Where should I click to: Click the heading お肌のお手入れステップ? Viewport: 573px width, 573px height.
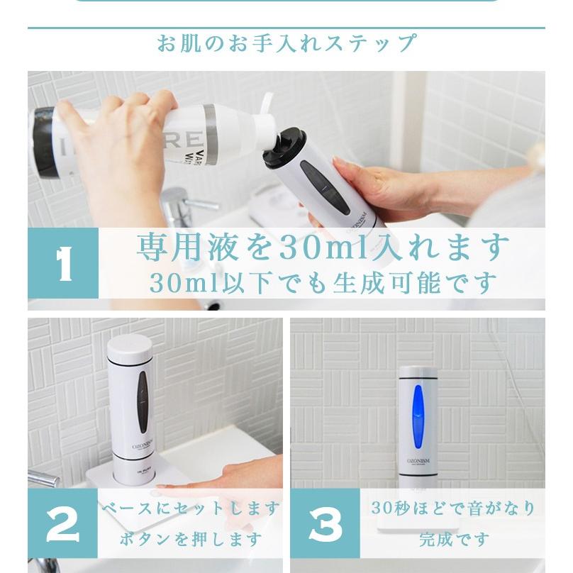pos(286,43)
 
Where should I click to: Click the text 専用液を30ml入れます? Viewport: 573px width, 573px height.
pos(323,247)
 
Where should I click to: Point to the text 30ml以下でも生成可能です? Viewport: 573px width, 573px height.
pos(323,283)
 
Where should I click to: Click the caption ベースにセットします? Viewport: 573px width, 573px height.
pos(190,508)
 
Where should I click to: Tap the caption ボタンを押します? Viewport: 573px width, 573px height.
pos(190,540)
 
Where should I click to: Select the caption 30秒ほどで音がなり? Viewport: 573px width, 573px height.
pos(453,508)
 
